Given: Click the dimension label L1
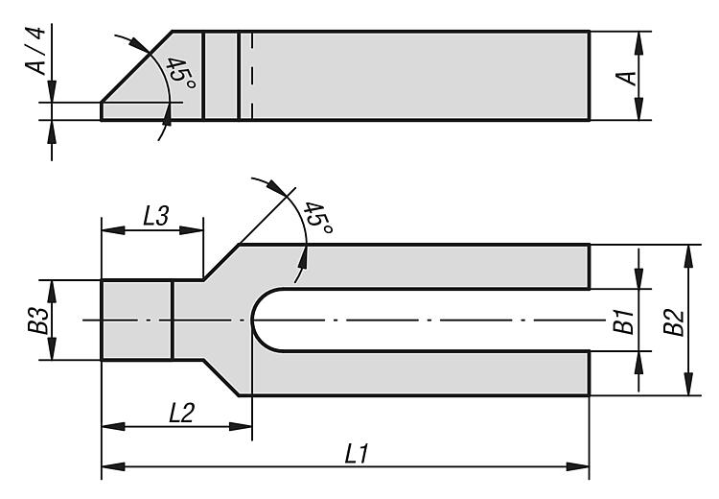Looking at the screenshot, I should tap(357, 455).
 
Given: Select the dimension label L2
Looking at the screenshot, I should tap(181, 413).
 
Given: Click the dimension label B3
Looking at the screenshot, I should tap(37, 321).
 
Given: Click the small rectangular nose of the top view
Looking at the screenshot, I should tap(136, 320).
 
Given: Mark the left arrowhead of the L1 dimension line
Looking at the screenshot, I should tap(107, 467).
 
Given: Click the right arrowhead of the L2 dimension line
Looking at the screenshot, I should tap(245, 425).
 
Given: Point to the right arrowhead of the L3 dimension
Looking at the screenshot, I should tap(197, 230).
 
